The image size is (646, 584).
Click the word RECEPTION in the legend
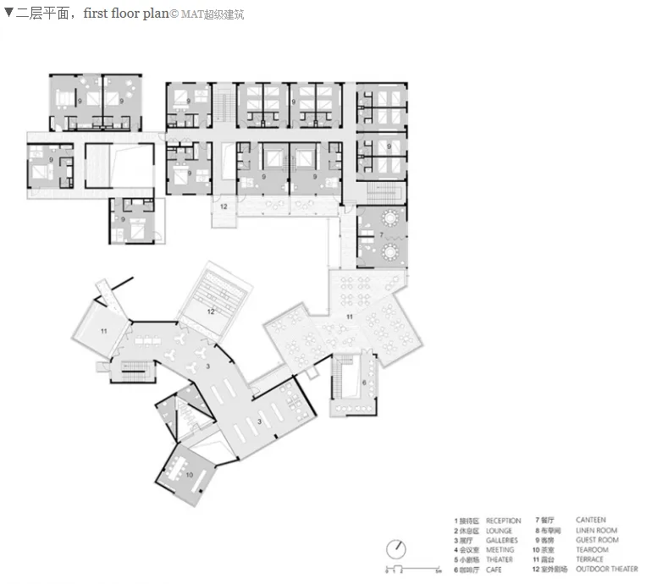(x=503, y=521)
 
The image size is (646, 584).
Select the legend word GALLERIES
(x=501, y=540)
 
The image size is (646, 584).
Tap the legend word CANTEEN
(x=590, y=520)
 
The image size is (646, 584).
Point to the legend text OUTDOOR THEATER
(x=606, y=569)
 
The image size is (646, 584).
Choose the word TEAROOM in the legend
(x=591, y=549)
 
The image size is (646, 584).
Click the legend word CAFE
(x=494, y=569)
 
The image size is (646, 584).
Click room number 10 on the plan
(x=190, y=475)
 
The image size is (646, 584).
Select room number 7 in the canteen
(x=382, y=234)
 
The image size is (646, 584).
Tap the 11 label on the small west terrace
(x=103, y=330)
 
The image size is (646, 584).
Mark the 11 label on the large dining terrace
(x=349, y=316)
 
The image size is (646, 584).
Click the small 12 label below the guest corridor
(x=224, y=206)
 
